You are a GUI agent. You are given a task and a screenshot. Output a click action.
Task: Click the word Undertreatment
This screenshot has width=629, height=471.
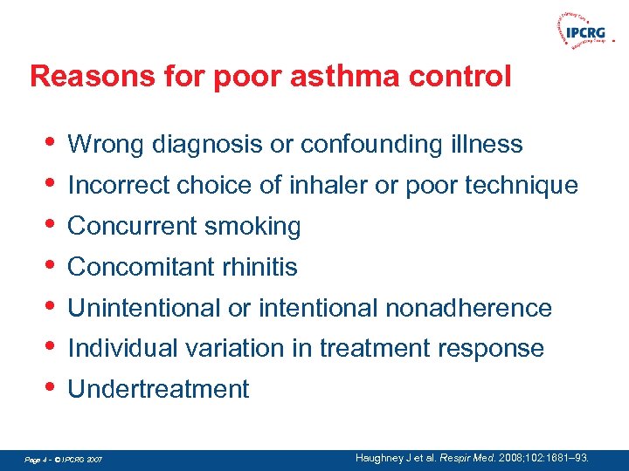click(x=158, y=389)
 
